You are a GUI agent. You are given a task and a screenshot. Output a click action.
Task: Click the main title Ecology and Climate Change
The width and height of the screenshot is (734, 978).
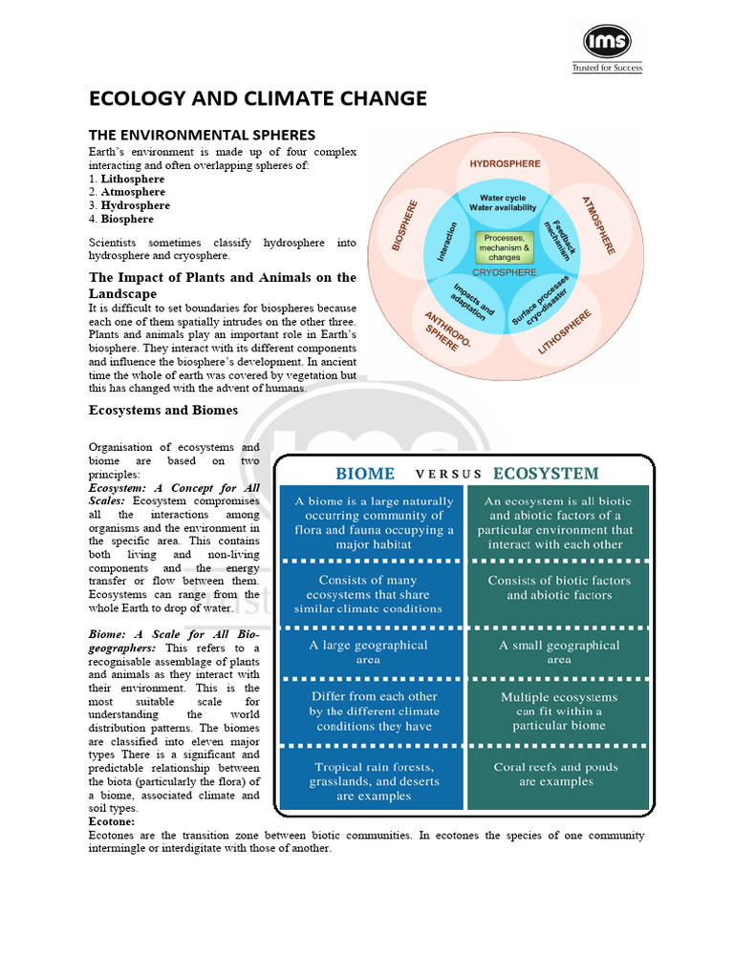pos(258,99)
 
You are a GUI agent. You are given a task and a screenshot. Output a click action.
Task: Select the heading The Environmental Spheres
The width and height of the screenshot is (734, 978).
pos(202,135)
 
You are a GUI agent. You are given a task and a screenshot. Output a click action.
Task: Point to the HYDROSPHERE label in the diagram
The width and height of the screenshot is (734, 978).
pos(505,164)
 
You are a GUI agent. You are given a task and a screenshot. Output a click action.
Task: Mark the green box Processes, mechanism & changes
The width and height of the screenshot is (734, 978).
pos(504,247)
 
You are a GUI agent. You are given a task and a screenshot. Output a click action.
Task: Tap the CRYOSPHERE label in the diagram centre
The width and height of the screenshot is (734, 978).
pos(505,272)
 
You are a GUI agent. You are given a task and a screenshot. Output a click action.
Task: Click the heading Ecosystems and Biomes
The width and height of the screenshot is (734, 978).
pos(163,411)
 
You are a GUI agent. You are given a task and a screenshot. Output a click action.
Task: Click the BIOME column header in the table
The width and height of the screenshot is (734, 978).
pos(365,474)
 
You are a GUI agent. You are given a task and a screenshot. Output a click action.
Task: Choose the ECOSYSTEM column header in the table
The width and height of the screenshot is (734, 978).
pos(546,474)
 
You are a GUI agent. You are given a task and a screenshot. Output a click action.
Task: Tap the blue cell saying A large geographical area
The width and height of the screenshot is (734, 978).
pos(370,652)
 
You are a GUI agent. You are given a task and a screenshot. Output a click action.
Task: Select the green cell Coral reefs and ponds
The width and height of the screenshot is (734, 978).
pos(555,774)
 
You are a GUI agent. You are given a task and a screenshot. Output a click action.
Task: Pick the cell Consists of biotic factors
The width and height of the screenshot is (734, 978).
pos(559,587)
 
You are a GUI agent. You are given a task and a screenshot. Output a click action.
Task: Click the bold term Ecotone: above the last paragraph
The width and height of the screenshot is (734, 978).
pos(112,821)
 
